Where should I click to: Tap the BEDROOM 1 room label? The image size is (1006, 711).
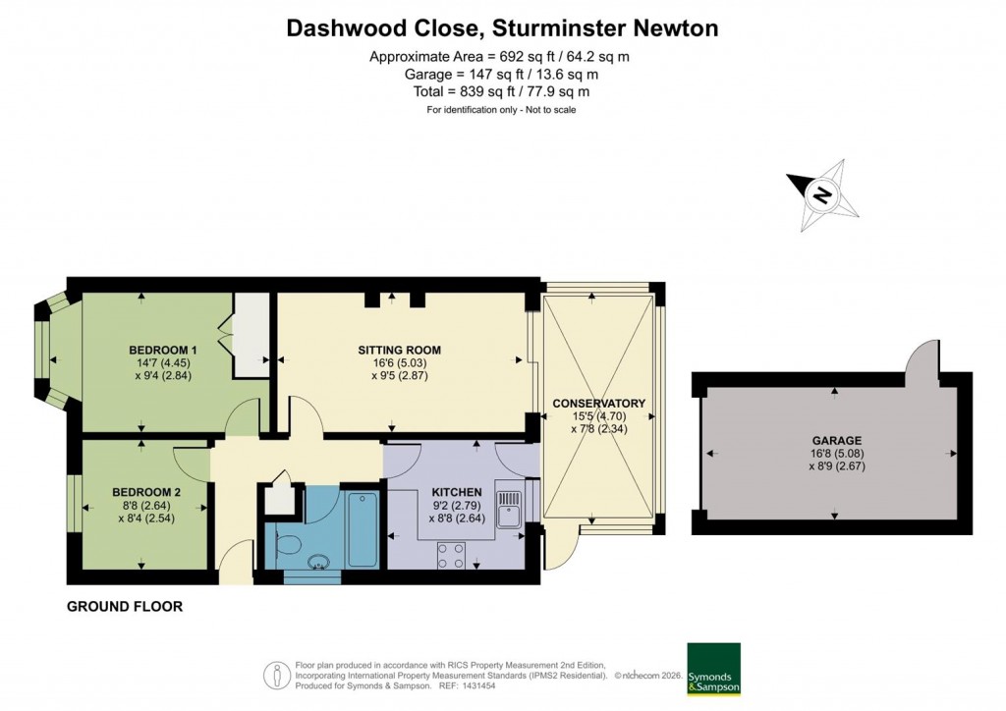click(163, 350)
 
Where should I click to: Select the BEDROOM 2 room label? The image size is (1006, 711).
click(146, 492)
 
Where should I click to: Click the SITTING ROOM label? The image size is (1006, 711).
click(399, 350)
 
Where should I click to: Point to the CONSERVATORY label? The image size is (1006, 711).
click(598, 404)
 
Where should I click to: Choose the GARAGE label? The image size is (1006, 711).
click(835, 441)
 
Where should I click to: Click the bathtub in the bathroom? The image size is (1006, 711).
click(362, 528)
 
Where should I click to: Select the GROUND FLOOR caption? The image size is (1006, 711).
click(125, 607)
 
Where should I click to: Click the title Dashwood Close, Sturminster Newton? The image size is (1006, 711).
click(502, 28)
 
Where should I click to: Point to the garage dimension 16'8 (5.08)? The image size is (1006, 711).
click(835, 455)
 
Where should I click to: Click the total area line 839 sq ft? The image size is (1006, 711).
click(502, 91)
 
